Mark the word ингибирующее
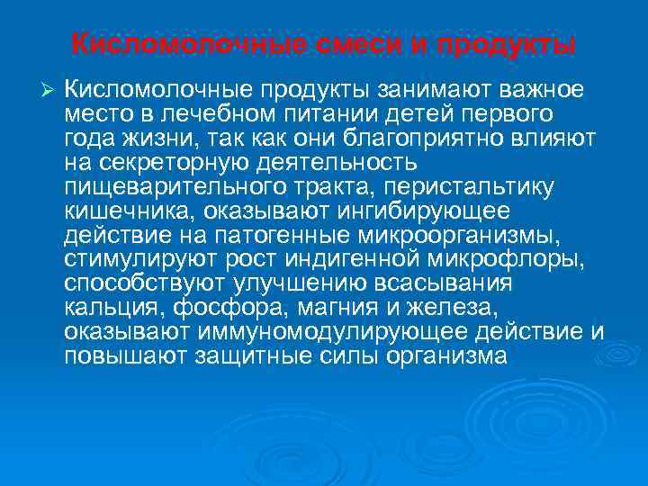(433, 211)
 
